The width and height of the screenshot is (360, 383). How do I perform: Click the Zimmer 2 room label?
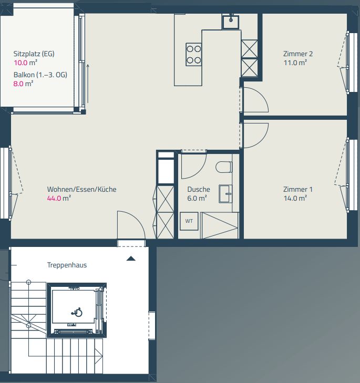[297, 54]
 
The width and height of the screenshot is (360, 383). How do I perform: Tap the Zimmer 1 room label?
[297, 189]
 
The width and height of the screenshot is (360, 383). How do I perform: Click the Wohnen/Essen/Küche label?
[81, 189]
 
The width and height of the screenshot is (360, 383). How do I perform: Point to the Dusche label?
[198, 189]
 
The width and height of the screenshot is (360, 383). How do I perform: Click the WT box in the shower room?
[189, 221]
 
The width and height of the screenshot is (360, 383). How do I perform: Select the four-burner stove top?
[193, 54]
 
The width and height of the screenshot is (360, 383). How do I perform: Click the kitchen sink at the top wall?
[230, 22]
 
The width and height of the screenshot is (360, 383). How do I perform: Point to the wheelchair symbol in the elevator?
[77, 312]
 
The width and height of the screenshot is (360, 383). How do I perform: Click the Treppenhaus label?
[67, 265]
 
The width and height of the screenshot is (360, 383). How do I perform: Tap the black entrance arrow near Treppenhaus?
[131, 258]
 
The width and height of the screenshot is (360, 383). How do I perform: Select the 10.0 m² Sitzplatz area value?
[24, 63]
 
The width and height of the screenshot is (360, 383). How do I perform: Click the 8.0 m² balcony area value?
[23, 83]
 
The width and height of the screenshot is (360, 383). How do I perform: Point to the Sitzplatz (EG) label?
[34, 54]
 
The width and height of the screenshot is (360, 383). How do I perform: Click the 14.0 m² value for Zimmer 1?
[294, 199]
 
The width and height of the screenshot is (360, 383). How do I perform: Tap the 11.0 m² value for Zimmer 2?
[294, 63]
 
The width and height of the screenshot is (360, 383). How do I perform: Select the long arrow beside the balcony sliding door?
[88, 84]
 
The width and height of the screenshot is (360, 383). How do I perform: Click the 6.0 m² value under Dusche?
[197, 199]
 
